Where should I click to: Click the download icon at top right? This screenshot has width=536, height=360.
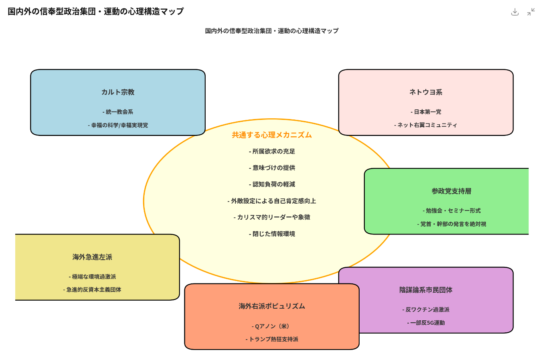point(515,12)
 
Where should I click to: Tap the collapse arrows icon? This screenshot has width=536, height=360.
point(531,12)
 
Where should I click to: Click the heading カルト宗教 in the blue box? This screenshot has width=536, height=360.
point(118,92)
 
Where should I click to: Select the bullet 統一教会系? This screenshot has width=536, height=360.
point(118,112)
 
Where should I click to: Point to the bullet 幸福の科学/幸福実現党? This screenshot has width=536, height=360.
point(118,125)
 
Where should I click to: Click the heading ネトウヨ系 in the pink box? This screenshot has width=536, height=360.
point(426,92)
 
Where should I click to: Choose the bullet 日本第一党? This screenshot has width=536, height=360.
point(426,112)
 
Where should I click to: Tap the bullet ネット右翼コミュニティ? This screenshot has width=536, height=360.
point(426,125)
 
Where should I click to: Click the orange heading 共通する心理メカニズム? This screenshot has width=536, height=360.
point(272,135)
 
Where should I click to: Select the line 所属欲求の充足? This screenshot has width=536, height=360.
point(272,152)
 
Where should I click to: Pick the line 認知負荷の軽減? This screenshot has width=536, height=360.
point(272,184)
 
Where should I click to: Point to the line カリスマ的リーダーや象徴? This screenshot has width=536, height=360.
point(272,217)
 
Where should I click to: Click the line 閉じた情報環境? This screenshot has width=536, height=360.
point(272,234)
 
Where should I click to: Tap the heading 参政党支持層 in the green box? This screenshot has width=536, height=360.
point(451,191)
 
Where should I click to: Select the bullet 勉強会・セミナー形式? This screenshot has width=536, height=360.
point(451,210)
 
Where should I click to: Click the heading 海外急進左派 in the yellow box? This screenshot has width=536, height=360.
point(92,257)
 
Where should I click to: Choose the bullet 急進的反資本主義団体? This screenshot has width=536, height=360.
point(92,289)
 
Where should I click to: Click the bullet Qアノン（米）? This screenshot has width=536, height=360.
point(272,326)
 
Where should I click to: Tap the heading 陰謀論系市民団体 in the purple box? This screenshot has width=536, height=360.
point(426,290)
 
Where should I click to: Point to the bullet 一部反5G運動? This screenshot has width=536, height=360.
point(426,323)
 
